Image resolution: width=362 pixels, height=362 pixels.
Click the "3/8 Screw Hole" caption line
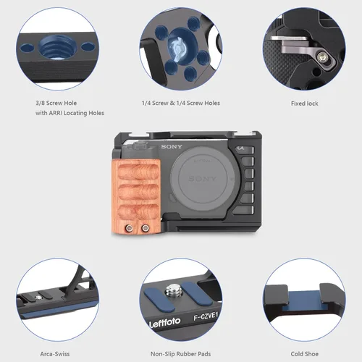click(x=56, y=103)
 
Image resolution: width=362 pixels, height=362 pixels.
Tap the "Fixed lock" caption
click(x=305, y=104)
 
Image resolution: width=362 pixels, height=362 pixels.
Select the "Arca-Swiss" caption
click(x=55, y=354)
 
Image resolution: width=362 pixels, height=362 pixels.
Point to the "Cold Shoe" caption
click(x=305, y=354)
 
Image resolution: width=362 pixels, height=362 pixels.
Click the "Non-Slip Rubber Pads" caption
click(x=180, y=354)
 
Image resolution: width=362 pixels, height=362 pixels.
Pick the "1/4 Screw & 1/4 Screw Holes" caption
click(x=181, y=103)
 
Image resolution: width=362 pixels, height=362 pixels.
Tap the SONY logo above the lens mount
click(x=172, y=146)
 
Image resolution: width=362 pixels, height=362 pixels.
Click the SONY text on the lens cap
click(x=202, y=179)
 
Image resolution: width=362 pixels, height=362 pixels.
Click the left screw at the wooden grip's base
click(x=130, y=227)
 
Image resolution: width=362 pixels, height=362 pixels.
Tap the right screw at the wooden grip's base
click(x=145, y=227)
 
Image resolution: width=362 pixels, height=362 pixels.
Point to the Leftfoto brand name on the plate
click(x=165, y=322)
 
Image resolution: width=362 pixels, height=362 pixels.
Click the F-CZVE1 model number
click(x=206, y=316)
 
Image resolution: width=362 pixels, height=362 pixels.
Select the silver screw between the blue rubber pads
click(x=174, y=290)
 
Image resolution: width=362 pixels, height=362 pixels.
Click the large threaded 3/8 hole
click(x=57, y=47)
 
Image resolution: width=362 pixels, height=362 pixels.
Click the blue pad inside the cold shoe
click(x=305, y=301)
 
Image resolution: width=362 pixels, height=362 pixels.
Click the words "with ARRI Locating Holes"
click(x=70, y=113)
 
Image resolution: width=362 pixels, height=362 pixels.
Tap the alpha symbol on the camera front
click(x=240, y=148)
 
